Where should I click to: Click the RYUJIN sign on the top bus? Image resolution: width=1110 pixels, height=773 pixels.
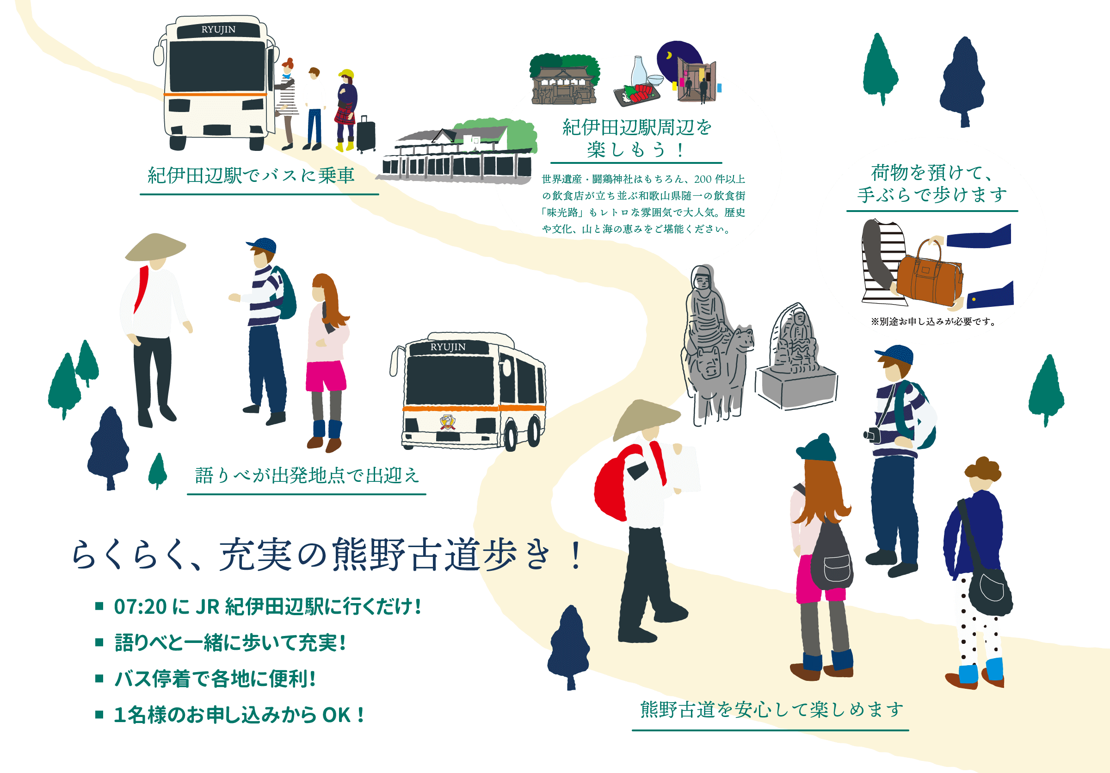tap(218, 30)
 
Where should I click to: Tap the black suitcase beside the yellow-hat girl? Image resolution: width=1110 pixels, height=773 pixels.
tap(366, 134)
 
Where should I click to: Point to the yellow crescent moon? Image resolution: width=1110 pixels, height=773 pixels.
tap(670, 56)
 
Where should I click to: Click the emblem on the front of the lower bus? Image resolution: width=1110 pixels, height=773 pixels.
tap(447, 422)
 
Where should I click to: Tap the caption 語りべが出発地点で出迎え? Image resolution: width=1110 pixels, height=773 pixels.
tap(307, 476)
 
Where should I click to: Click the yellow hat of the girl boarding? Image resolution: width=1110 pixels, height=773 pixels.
tap(346, 74)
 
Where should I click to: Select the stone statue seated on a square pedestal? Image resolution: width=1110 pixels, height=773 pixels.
tap(795, 361)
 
